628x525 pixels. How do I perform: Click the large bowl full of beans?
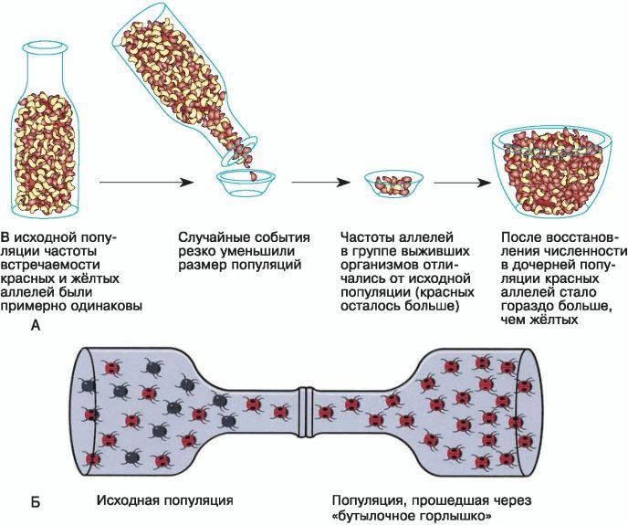552,173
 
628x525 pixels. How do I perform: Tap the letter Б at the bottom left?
35,501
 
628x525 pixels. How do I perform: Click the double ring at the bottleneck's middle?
308,403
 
